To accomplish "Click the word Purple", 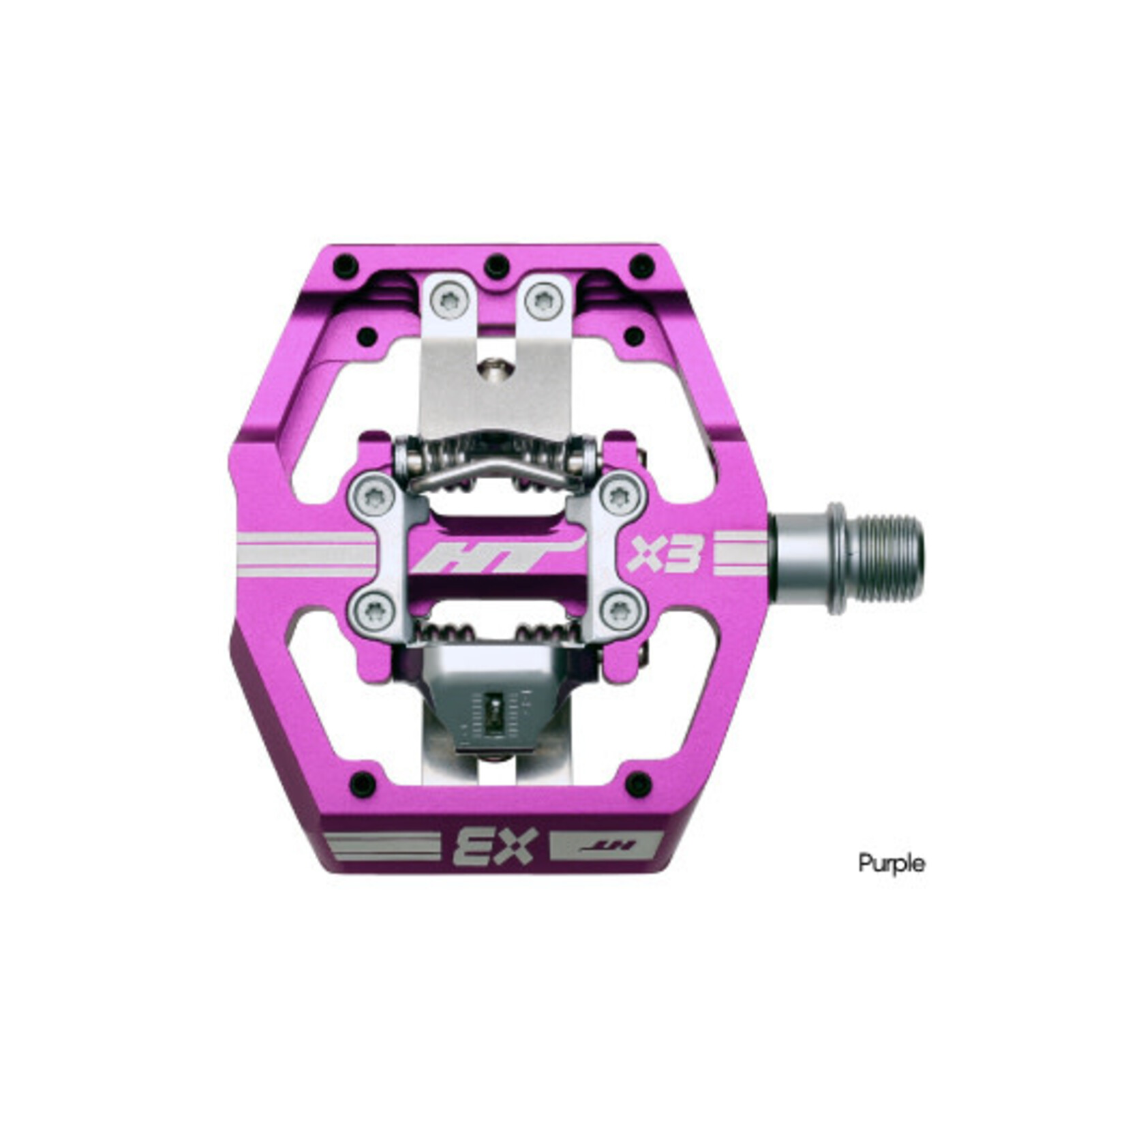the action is click(x=891, y=864).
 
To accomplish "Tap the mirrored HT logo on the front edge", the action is click(x=605, y=845).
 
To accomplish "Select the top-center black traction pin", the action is click(x=497, y=265).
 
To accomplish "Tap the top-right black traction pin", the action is click(x=642, y=265).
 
